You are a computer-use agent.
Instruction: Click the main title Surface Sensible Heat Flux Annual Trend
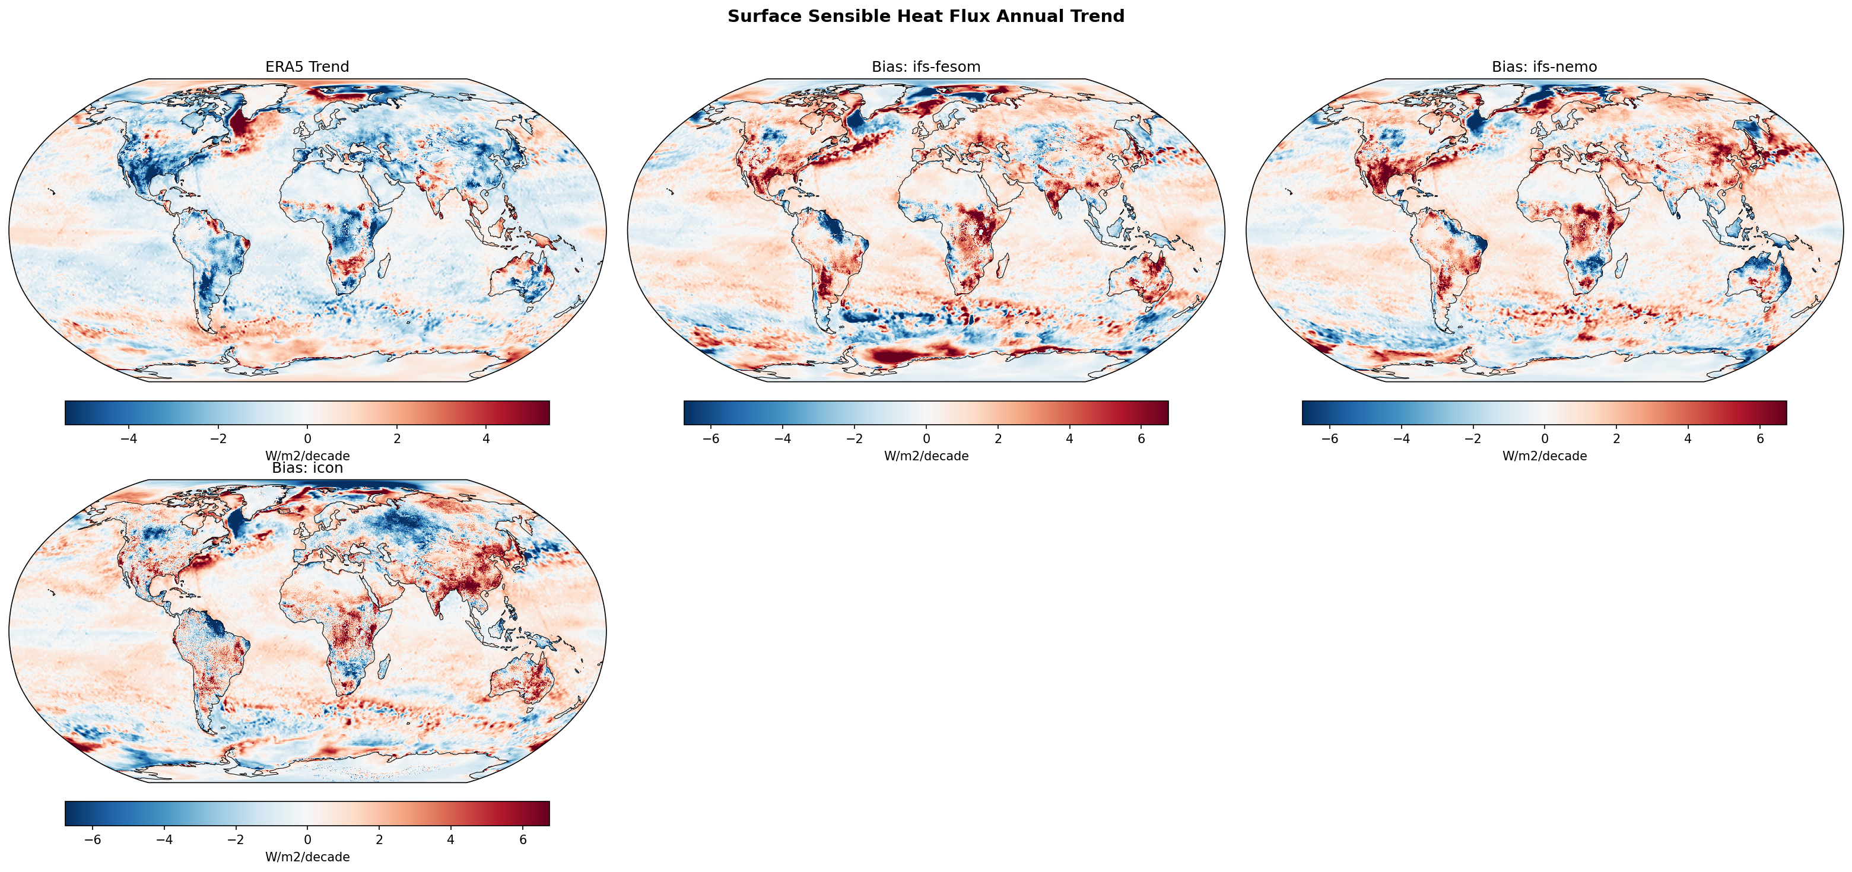point(925,16)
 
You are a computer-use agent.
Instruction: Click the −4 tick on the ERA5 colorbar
point(129,438)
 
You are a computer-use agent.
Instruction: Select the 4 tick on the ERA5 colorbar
point(486,438)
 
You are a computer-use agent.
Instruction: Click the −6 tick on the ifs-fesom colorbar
point(710,438)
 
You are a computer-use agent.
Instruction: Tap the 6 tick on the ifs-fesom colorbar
point(1141,438)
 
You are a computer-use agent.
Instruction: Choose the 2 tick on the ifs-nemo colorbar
point(1616,438)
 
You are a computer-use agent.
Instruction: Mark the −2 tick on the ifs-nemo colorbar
point(1472,438)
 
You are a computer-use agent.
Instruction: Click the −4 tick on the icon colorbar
point(164,839)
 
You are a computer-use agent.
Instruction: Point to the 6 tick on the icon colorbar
point(523,839)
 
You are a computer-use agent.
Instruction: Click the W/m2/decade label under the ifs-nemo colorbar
point(1543,456)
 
